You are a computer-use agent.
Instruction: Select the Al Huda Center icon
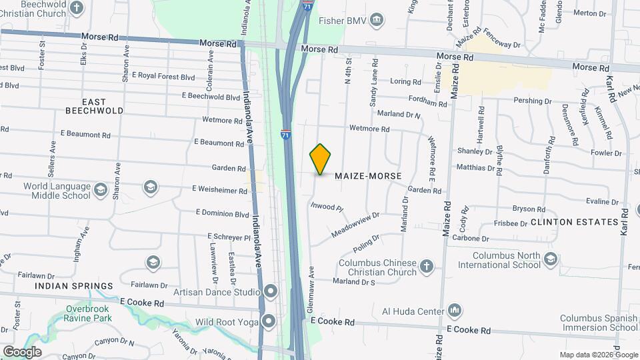pyautogui.click(x=455, y=311)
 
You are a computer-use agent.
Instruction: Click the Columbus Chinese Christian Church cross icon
pyautogui.click(x=427, y=267)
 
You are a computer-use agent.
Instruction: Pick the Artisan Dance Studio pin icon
pyautogui.click(x=271, y=291)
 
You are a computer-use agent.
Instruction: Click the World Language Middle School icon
pyautogui.click(x=101, y=191)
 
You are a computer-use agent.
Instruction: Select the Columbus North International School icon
pyautogui.click(x=550, y=259)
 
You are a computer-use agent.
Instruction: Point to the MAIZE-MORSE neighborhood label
pyautogui.click(x=369, y=176)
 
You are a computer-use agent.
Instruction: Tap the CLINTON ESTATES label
pyautogui.click(x=575, y=221)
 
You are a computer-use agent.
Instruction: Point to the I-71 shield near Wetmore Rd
pyautogui.click(x=286, y=134)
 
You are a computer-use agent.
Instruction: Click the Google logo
pyautogui.click(x=22, y=351)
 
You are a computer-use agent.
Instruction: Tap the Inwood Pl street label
pyautogui.click(x=327, y=207)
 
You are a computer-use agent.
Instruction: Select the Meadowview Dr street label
pyautogui.click(x=355, y=226)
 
